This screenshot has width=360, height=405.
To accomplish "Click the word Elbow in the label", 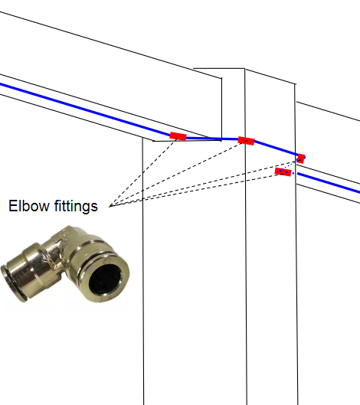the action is pyautogui.click(x=29, y=206).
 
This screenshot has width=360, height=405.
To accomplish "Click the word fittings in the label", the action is pyautogui.click(x=76, y=207).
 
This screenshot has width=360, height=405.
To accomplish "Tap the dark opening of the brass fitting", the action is pyautogui.click(x=106, y=279).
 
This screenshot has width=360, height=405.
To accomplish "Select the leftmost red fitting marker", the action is pyautogui.click(x=178, y=136).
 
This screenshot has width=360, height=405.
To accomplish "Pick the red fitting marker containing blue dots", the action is pyautogui.click(x=283, y=172).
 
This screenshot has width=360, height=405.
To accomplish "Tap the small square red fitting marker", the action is pyautogui.click(x=301, y=158).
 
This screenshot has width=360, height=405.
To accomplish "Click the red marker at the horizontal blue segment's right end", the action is pyautogui.click(x=246, y=141).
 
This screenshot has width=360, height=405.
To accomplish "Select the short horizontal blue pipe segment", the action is pyautogui.click(x=212, y=139).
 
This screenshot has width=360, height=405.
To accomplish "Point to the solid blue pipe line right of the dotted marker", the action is pyautogui.click(x=329, y=183).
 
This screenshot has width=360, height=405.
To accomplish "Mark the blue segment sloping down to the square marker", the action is pyautogui.click(x=276, y=149).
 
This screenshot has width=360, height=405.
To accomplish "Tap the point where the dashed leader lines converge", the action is pyautogui.click(x=110, y=206).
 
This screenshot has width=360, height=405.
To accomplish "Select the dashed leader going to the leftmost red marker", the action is pyautogui.click(x=143, y=172).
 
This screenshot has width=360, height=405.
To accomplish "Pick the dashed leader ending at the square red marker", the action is pyautogui.click(x=205, y=183).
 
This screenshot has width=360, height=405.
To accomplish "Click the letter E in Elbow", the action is pyautogui.click(x=12, y=206).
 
